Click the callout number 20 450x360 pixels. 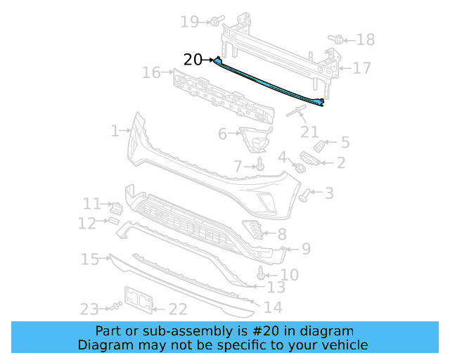(x=193, y=60)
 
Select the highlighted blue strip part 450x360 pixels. (x=271, y=83)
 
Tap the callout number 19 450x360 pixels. (x=190, y=22)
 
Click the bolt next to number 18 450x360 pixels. (x=336, y=39)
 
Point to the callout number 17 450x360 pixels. (x=361, y=68)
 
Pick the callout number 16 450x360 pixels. (x=151, y=72)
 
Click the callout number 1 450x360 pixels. (x=115, y=131)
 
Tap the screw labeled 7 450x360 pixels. (x=260, y=165)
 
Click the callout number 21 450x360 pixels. (x=309, y=131)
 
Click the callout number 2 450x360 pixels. (x=340, y=163)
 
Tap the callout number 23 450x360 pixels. (x=88, y=309)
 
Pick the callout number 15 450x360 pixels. (x=89, y=260)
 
